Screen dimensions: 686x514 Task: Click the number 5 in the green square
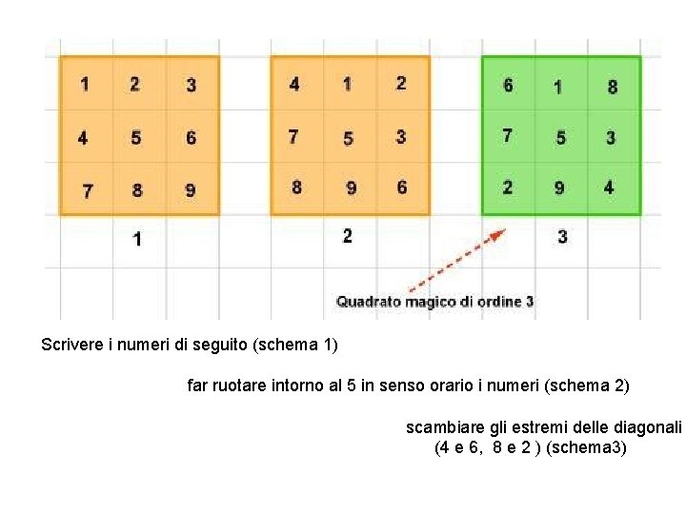click(x=560, y=138)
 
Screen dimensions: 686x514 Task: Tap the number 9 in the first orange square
click(x=191, y=190)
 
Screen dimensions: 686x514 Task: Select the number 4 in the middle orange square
click(x=294, y=85)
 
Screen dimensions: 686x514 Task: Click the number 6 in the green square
click(x=508, y=86)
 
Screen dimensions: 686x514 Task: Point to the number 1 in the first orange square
click(x=85, y=84)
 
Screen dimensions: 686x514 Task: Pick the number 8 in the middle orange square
click(x=296, y=188)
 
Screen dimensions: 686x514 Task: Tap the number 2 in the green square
click(x=507, y=188)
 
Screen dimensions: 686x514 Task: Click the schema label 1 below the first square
click(x=138, y=239)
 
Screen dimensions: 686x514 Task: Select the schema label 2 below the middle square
click(x=348, y=235)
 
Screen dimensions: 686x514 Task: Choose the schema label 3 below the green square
click(x=562, y=236)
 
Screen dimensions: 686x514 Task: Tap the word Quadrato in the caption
click(x=368, y=302)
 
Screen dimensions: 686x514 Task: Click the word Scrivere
click(x=75, y=344)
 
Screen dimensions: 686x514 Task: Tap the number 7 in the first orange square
click(x=87, y=190)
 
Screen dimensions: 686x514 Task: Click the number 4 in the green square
click(x=609, y=188)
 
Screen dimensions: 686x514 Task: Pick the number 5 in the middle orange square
click(x=348, y=138)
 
